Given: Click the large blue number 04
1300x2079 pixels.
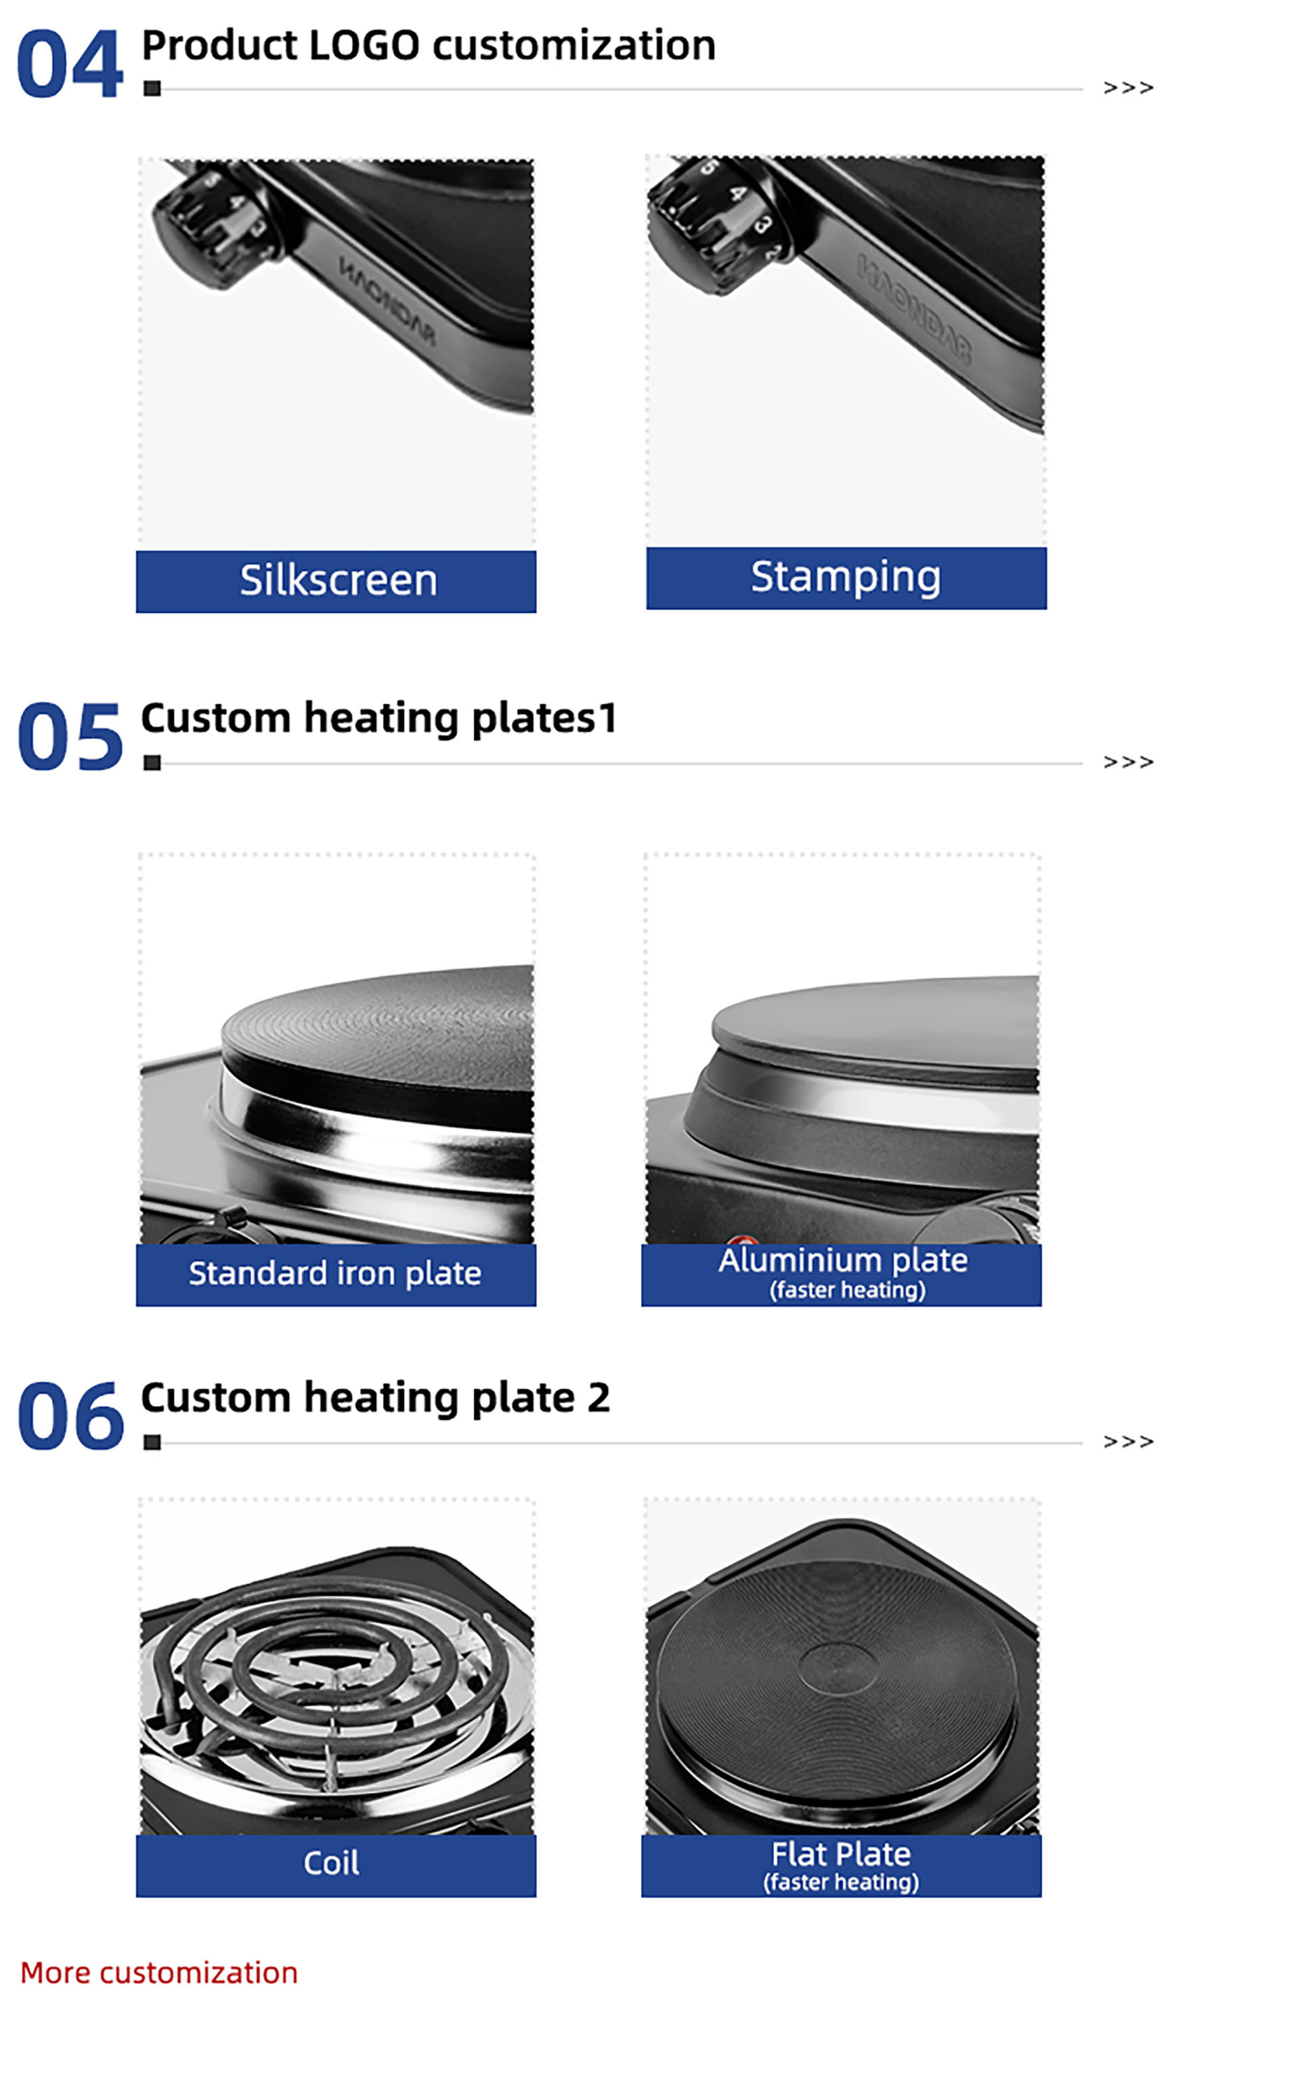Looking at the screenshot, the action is (70, 64).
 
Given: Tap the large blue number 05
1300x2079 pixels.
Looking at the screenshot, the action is (70, 736).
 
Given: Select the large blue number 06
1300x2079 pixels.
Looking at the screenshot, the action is (70, 1415).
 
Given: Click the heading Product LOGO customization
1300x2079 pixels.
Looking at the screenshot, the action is (428, 45).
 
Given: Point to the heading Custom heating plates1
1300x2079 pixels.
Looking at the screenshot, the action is (379, 719).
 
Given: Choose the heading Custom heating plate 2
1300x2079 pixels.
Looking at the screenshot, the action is (376, 1398).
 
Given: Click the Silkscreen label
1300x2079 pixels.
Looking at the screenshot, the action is (338, 580).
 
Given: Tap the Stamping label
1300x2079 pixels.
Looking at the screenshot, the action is (846, 577).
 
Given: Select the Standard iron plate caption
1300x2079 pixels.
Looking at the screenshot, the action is (335, 1273).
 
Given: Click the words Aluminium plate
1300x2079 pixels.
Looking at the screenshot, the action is (844, 1260).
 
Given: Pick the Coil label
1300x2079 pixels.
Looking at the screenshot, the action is (331, 1863).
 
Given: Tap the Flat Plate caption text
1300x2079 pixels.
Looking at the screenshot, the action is (841, 1853).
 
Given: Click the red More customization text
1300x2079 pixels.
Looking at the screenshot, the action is (159, 1973).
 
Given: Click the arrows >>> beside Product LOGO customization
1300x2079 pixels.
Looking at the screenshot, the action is (1128, 88).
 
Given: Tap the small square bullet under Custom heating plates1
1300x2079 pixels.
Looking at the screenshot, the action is (152, 763).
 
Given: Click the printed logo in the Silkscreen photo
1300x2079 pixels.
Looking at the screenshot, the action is (387, 301).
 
